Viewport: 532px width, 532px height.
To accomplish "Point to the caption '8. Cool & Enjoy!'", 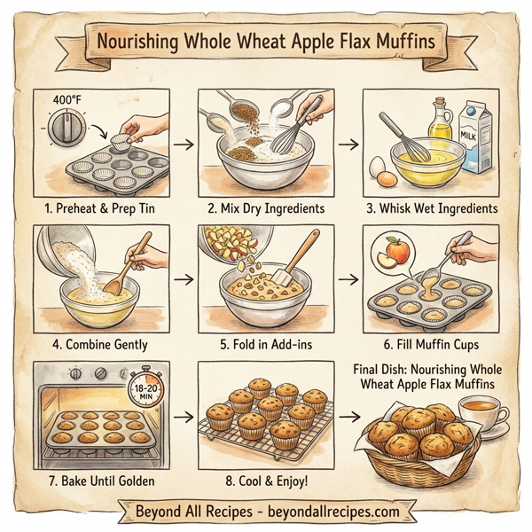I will click(x=263, y=479).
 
